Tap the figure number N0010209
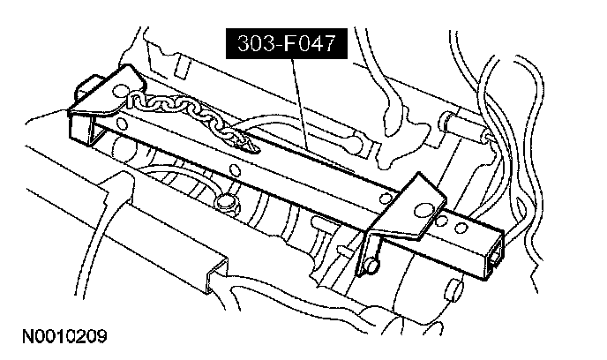pyautogui.click(x=59, y=336)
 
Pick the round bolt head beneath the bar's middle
pyautogui.click(x=224, y=204)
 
